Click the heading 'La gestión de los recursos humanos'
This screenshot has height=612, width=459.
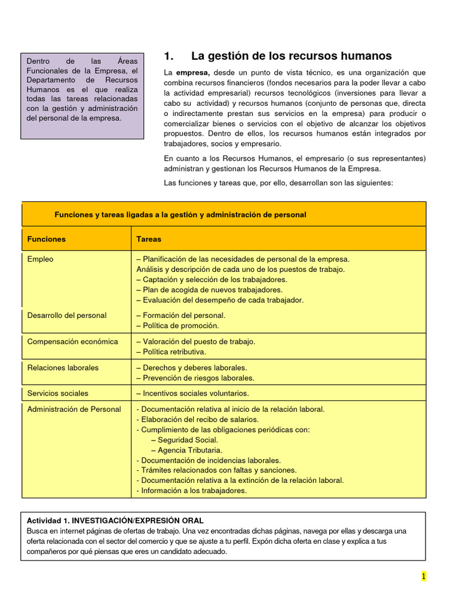point(291,56)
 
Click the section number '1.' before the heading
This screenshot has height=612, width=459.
point(169,56)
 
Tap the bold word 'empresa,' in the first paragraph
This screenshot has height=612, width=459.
point(193,72)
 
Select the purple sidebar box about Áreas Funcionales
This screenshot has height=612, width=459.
point(82,96)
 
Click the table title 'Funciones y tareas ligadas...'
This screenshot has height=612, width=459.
point(180,215)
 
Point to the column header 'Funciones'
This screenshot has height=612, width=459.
point(47,239)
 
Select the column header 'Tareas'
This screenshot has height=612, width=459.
point(149,239)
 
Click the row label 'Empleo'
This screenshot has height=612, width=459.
point(40,259)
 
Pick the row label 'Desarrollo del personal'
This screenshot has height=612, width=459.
point(67,316)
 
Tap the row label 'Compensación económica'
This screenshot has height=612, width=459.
point(72,342)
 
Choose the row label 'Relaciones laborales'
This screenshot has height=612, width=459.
point(63,368)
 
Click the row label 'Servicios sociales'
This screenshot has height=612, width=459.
point(57,393)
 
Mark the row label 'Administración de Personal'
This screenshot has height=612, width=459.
point(74,409)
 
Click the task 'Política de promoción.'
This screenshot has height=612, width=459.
point(178,326)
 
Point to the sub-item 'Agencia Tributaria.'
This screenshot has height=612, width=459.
point(186,450)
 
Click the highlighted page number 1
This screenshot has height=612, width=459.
point(423,576)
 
